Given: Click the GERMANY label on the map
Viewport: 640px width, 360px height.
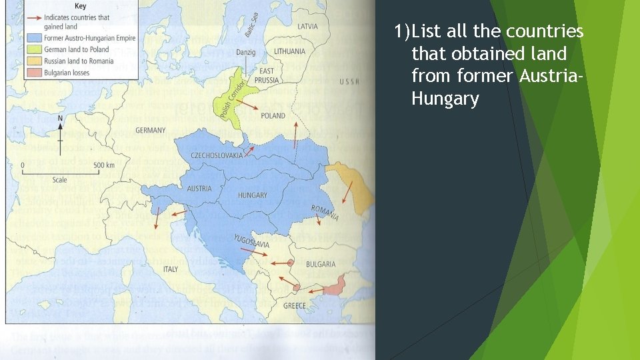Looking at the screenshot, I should [151, 130].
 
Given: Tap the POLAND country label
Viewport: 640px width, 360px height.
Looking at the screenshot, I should [273, 116].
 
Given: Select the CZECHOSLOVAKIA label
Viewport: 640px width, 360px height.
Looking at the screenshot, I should [217, 155].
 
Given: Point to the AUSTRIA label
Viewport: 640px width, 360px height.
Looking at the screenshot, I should [199, 189].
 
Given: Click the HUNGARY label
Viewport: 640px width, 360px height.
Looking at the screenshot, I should [253, 195].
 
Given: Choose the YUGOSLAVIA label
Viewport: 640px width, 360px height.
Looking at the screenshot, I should [252, 241].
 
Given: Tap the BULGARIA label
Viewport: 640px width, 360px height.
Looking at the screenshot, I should [321, 265].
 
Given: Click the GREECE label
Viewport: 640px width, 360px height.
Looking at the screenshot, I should [295, 306].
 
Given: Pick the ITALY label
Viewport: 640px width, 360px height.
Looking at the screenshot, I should [171, 269].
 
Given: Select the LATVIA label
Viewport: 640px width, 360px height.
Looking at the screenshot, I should [307, 27].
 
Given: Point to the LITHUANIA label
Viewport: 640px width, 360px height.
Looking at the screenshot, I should [289, 51].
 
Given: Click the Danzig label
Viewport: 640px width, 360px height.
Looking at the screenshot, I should [245, 52].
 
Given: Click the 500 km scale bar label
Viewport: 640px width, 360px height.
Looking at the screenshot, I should [103, 165].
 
